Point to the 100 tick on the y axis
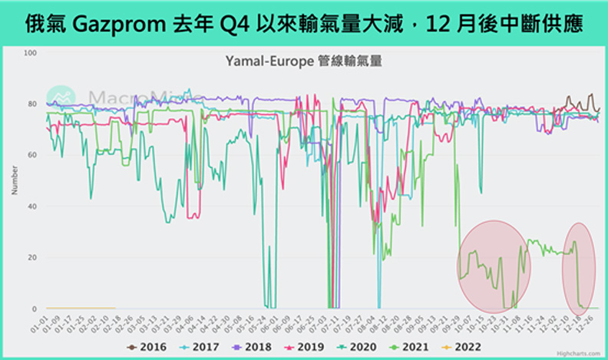(x=31, y=53)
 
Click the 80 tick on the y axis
(x=32, y=104)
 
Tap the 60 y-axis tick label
(x=32, y=155)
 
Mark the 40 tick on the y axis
(x=32, y=206)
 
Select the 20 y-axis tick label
(x=32, y=257)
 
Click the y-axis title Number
(x=15, y=180)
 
